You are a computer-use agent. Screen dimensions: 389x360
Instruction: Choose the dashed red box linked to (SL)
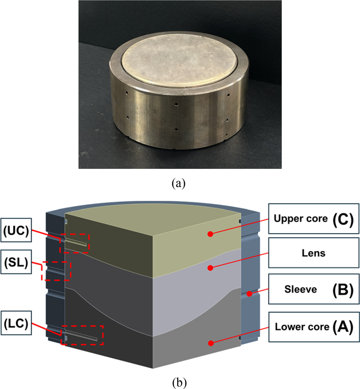(56, 270)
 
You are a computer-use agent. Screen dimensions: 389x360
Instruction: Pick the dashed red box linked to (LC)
(82, 335)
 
